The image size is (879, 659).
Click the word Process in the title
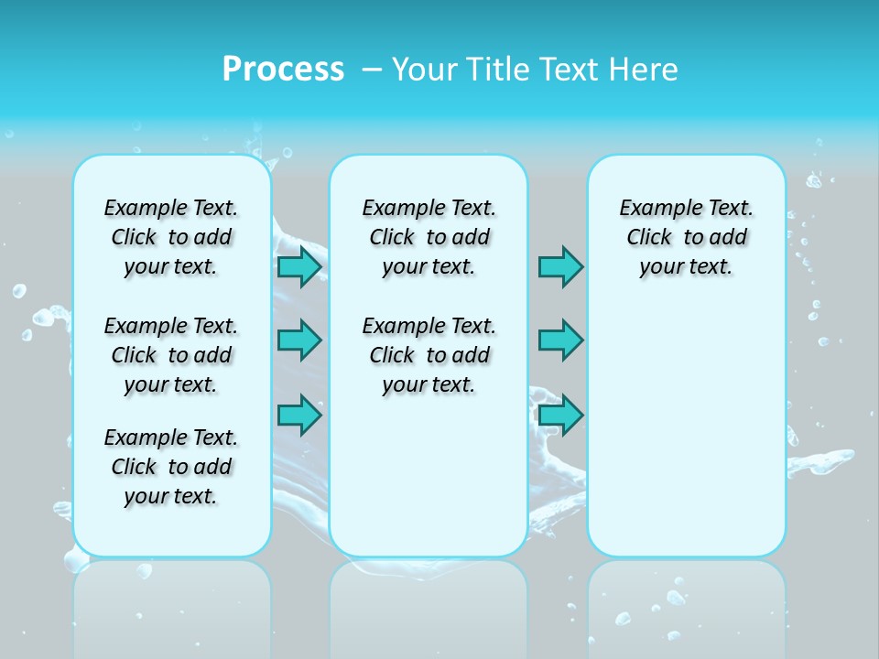click(x=283, y=70)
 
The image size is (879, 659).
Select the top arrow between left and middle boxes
click(x=299, y=267)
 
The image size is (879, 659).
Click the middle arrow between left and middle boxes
click(x=299, y=340)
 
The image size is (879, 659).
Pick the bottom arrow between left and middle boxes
click(x=299, y=415)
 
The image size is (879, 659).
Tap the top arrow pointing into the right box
click(x=560, y=267)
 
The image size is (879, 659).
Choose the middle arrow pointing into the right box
click(x=560, y=340)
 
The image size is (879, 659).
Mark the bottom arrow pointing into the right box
click(x=560, y=415)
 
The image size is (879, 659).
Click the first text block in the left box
click(x=171, y=237)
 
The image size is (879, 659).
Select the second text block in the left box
click(x=171, y=355)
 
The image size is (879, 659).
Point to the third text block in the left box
click(x=171, y=467)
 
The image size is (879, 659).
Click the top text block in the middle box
click(x=429, y=237)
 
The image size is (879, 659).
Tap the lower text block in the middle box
click(x=429, y=355)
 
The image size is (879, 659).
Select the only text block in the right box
click(x=686, y=237)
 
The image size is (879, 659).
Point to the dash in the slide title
click(x=372, y=70)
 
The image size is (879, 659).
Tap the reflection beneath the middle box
click(x=429, y=604)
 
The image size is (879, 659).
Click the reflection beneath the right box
click(x=686, y=604)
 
